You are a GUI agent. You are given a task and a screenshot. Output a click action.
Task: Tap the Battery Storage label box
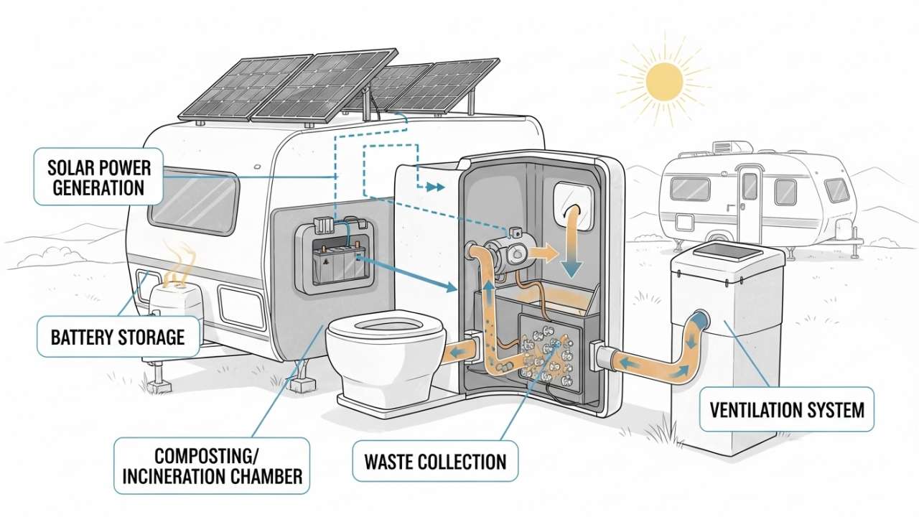(x=118, y=336)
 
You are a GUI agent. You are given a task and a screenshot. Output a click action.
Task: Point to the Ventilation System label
(x=786, y=411)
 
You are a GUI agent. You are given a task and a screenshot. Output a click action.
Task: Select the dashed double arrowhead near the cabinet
(x=433, y=187)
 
